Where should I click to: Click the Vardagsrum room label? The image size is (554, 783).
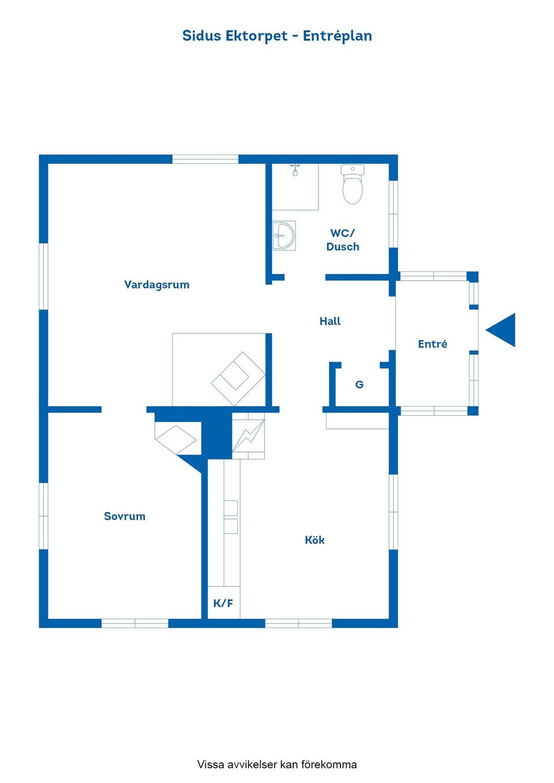(x=157, y=285)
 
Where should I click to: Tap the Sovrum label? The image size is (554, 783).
(x=125, y=516)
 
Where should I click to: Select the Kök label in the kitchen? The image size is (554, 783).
(x=315, y=540)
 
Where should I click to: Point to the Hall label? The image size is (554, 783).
(x=330, y=321)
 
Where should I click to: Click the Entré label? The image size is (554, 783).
(x=432, y=344)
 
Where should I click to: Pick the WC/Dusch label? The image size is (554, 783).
(x=342, y=240)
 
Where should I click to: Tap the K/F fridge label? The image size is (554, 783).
(x=223, y=603)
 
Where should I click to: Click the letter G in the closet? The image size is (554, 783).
(x=359, y=385)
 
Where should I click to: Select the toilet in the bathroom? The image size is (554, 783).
(x=353, y=184)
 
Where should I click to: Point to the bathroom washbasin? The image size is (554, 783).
(x=284, y=235)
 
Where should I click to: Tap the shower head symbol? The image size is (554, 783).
(x=295, y=170)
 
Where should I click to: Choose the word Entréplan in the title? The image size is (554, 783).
(x=337, y=36)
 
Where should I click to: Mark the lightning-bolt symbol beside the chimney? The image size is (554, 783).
(x=248, y=435)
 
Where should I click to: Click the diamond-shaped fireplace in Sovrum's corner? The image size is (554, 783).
(x=175, y=440)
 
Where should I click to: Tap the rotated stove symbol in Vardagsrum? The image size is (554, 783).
(x=238, y=379)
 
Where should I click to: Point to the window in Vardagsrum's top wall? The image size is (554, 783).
(x=205, y=159)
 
